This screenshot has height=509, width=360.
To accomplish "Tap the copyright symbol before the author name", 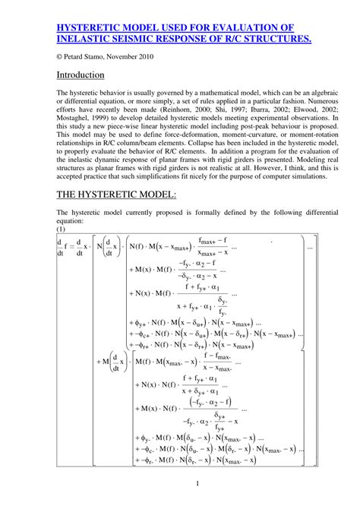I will [x=61, y=57].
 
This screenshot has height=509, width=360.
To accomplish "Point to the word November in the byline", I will [x=134, y=57].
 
